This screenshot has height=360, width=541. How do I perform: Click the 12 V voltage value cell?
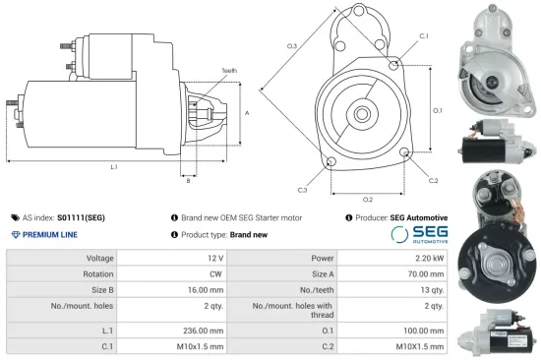[x=214, y=258]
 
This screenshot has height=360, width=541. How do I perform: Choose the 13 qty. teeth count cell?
[x=432, y=290]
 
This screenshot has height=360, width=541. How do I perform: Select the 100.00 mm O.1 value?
[x=425, y=331]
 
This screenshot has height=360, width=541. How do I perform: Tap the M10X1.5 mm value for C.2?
[x=422, y=347]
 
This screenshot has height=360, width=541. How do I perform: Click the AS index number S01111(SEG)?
[x=83, y=217]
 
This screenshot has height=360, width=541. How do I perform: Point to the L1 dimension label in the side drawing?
[x=113, y=167]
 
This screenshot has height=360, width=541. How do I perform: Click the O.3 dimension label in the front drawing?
[x=292, y=46]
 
